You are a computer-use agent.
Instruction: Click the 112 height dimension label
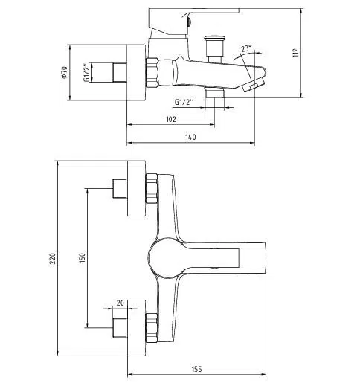pyautogui.click(x=296, y=53)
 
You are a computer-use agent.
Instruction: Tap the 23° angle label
pyautogui.click(x=246, y=48)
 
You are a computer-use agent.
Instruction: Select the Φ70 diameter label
pyautogui.click(x=64, y=72)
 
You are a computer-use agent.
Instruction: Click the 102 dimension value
pyautogui.click(x=171, y=119)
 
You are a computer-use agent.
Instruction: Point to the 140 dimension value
pyautogui.click(x=190, y=137)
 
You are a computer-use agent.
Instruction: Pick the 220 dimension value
pyautogui.click(x=53, y=258)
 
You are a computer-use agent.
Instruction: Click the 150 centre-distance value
pyautogui.click(x=82, y=258)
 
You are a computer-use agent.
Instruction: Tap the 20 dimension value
pyautogui.click(x=120, y=303)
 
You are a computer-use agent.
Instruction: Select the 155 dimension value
pyautogui.click(x=197, y=369)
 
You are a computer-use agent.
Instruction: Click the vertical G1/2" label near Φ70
pyautogui.click(x=86, y=72)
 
